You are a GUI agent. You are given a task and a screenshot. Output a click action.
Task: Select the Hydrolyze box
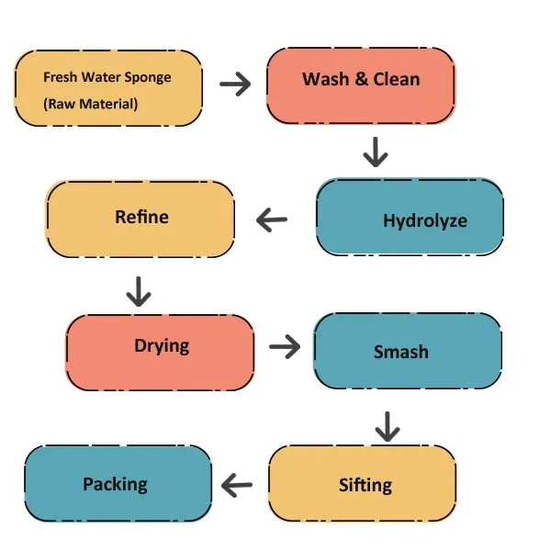click(410, 217)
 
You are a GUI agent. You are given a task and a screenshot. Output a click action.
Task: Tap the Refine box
click(141, 219)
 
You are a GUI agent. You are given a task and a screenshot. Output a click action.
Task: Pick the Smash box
click(408, 352)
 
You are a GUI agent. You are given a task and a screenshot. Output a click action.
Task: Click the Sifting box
click(362, 484)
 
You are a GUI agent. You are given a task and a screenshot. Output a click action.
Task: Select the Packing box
click(117, 484)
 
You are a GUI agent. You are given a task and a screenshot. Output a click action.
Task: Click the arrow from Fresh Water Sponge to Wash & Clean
click(235, 84)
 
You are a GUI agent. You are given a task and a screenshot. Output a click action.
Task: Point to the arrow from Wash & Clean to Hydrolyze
click(374, 152)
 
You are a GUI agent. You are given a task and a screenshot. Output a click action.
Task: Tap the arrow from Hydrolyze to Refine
click(272, 219)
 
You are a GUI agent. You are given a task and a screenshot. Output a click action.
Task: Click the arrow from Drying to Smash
click(285, 347)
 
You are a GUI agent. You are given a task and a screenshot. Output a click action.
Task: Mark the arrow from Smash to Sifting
click(387, 425)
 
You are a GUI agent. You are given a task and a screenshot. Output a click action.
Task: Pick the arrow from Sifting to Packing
click(239, 485)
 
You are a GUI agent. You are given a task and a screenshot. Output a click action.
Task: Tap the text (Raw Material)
click(90, 104)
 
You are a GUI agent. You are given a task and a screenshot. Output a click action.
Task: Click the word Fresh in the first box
click(60, 77)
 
